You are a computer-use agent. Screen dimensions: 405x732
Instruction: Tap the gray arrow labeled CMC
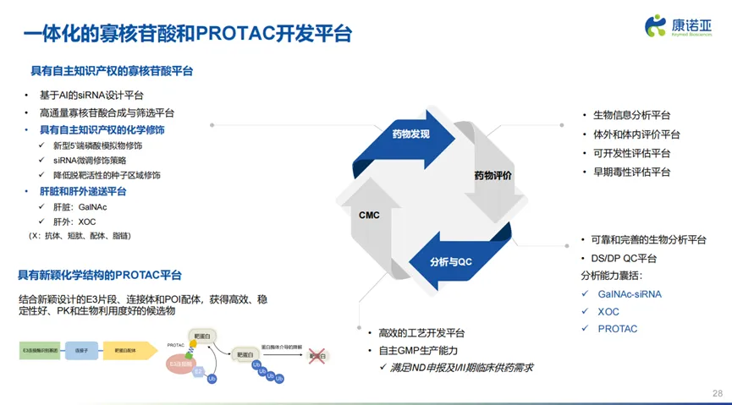click(369, 215)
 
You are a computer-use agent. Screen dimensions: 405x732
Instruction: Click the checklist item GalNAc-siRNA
click(630, 294)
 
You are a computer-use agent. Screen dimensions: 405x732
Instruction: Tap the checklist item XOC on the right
click(608, 311)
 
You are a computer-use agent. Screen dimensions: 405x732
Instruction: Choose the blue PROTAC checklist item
click(617, 329)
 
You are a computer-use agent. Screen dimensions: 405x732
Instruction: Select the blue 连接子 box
click(83, 348)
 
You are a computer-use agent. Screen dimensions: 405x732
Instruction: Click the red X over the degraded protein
click(318, 356)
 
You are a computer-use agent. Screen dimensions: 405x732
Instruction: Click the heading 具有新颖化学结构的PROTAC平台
click(100, 276)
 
